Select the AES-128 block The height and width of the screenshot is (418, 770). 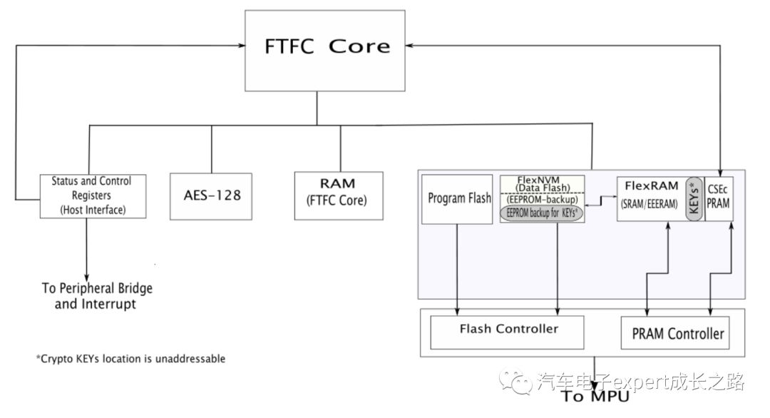point(211,194)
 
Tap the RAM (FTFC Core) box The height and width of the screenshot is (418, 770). point(339,195)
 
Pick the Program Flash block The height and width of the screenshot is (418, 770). point(459,198)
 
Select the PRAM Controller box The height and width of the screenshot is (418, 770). point(677,332)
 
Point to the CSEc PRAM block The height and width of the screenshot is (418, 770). point(719,197)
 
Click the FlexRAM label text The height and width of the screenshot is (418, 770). point(651,186)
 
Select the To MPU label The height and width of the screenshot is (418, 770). point(596,397)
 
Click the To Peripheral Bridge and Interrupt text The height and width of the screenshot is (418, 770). point(96,296)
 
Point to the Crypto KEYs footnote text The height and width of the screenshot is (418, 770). point(130,359)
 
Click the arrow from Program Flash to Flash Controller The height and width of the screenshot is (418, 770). point(457,267)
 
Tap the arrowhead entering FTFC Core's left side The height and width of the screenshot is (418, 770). point(240,45)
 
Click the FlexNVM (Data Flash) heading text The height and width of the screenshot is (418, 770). point(543,183)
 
